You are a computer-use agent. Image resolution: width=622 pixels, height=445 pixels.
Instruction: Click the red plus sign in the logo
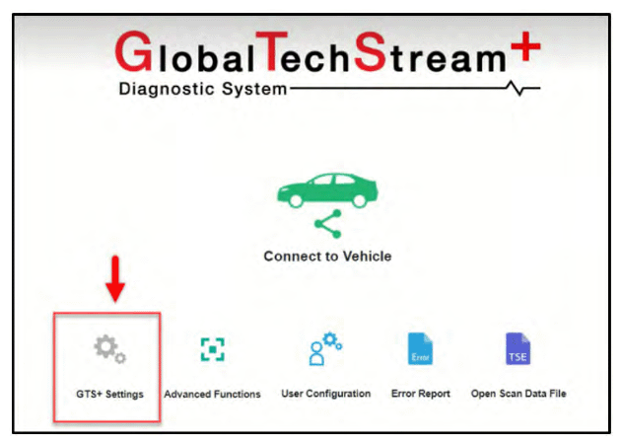pyautogui.click(x=525, y=46)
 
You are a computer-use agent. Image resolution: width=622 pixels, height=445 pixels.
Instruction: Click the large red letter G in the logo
pyautogui.click(x=134, y=51)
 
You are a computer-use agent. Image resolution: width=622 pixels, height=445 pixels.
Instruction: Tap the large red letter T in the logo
pyautogui.click(x=272, y=51)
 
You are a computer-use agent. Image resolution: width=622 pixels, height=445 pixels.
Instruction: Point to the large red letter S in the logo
pyautogui.click(x=370, y=51)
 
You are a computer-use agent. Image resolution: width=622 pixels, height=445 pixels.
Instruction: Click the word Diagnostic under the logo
pyautogui.click(x=167, y=90)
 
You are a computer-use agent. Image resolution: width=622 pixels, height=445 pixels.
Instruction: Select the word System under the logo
pyautogui.click(x=254, y=90)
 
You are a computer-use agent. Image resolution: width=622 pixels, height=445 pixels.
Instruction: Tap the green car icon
pyautogui.click(x=327, y=190)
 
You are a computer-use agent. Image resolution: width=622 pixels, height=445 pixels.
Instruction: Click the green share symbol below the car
pyautogui.click(x=328, y=224)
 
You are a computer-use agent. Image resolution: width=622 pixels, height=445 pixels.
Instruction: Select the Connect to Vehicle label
pyautogui.click(x=327, y=257)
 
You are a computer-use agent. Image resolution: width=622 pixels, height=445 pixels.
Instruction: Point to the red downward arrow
pyautogui.click(x=115, y=278)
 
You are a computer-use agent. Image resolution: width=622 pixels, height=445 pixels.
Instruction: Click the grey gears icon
pyautogui.click(x=109, y=349)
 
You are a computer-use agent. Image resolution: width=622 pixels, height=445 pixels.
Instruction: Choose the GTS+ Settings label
pyautogui.click(x=109, y=395)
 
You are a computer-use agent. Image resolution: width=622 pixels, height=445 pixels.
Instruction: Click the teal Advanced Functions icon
pyautogui.click(x=213, y=349)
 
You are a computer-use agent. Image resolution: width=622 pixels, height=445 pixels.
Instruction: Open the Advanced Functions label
pyautogui.click(x=212, y=395)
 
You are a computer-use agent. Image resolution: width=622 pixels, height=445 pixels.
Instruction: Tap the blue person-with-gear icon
pyautogui.click(x=325, y=349)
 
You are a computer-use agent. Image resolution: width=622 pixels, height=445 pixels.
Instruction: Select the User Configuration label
pyautogui.click(x=326, y=394)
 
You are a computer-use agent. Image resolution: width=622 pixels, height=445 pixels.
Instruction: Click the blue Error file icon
pyautogui.click(x=420, y=348)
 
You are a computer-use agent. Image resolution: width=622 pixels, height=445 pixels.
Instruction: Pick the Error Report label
pyautogui.click(x=421, y=394)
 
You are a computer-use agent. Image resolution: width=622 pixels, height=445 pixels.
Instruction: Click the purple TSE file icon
pyautogui.click(x=518, y=348)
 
